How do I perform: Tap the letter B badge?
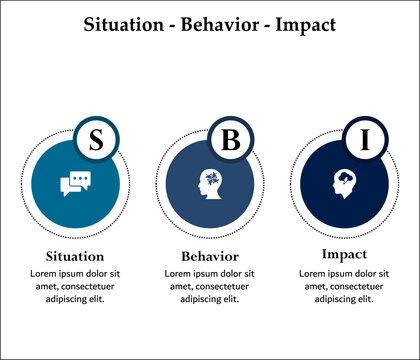pyautogui.click(x=230, y=139)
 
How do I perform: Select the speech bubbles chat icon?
pyautogui.click(x=76, y=184)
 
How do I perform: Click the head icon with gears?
pyautogui.click(x=210, y=183)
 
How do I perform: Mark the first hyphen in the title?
pyautogui.click(x=165, y=25)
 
